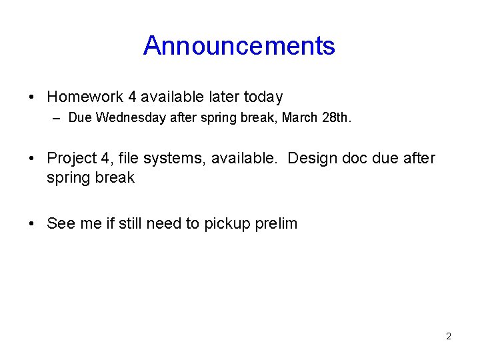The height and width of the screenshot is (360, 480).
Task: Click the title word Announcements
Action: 239,46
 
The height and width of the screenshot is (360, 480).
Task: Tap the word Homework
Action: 85,97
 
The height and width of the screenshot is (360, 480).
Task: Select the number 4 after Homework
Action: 133,97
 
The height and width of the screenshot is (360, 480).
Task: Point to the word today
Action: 263,97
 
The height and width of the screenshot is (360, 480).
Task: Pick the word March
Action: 301,119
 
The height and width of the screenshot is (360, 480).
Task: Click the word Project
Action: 72,159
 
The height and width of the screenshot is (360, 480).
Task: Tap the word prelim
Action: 276,224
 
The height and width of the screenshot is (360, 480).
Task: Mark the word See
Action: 61,224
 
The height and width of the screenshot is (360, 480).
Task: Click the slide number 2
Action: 449,336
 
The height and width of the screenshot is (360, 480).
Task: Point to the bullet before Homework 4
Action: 32,98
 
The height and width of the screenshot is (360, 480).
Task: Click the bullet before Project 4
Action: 32,159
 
